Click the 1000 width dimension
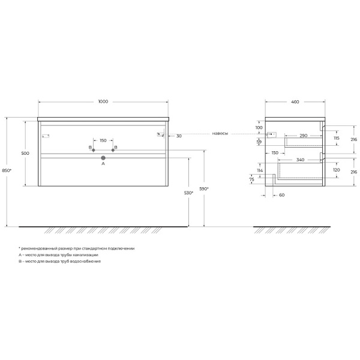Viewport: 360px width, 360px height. pos(103,102)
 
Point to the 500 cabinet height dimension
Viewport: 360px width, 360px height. pos(25,154)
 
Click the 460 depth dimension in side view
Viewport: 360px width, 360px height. pos(295,102)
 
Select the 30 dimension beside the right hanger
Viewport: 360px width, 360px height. pos(179,136)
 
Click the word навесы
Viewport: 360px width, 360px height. pos(220,133)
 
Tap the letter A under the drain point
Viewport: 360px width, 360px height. pos(103,163)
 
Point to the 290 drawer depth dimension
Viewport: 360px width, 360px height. pos(304,136)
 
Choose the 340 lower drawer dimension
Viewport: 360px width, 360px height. pos(300,160)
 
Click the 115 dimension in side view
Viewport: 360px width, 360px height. pos(336,139)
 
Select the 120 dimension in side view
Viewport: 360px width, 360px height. pos(336,170)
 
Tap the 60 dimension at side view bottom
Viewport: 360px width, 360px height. pos(280,196)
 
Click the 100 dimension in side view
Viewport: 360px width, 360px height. pos(259,128)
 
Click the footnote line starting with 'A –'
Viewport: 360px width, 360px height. pos(58,255)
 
